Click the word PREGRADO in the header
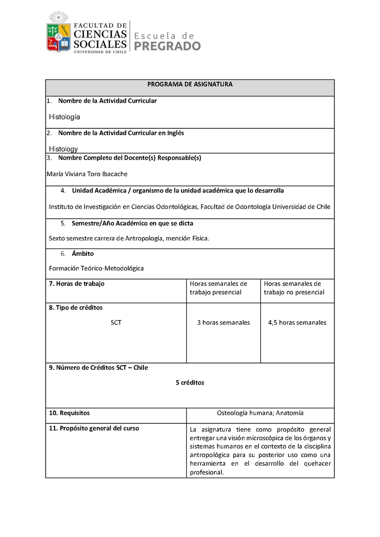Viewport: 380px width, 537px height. click(x=168, y=46)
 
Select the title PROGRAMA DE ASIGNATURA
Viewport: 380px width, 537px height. click(x=190, y=84)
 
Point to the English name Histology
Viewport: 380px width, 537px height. click(x=63, y=149)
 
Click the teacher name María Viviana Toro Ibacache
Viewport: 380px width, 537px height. click(x=87, y=174)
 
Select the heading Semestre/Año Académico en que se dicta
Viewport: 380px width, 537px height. click(x=132, y=223)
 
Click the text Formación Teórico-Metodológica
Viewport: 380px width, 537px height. click(x=96, y=268)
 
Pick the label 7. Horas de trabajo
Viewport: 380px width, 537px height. click(x=76, y=284)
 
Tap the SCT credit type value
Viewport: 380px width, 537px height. click(x=116, y=323)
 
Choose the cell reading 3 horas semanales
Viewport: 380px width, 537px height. click(x=223, y=323)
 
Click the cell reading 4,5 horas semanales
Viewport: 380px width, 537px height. click(x=297, y=323)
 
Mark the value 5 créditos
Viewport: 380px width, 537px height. click(x=190, y=383)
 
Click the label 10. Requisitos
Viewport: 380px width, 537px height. click(x=69, y=413)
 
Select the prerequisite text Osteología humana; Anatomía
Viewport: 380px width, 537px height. click(x=260, y=413)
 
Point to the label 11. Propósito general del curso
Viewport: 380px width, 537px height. click(x=94, y=428)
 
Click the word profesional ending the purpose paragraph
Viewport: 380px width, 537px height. click(x=206, y=472)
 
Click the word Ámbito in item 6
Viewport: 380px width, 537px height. click(x=83, y=254)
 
